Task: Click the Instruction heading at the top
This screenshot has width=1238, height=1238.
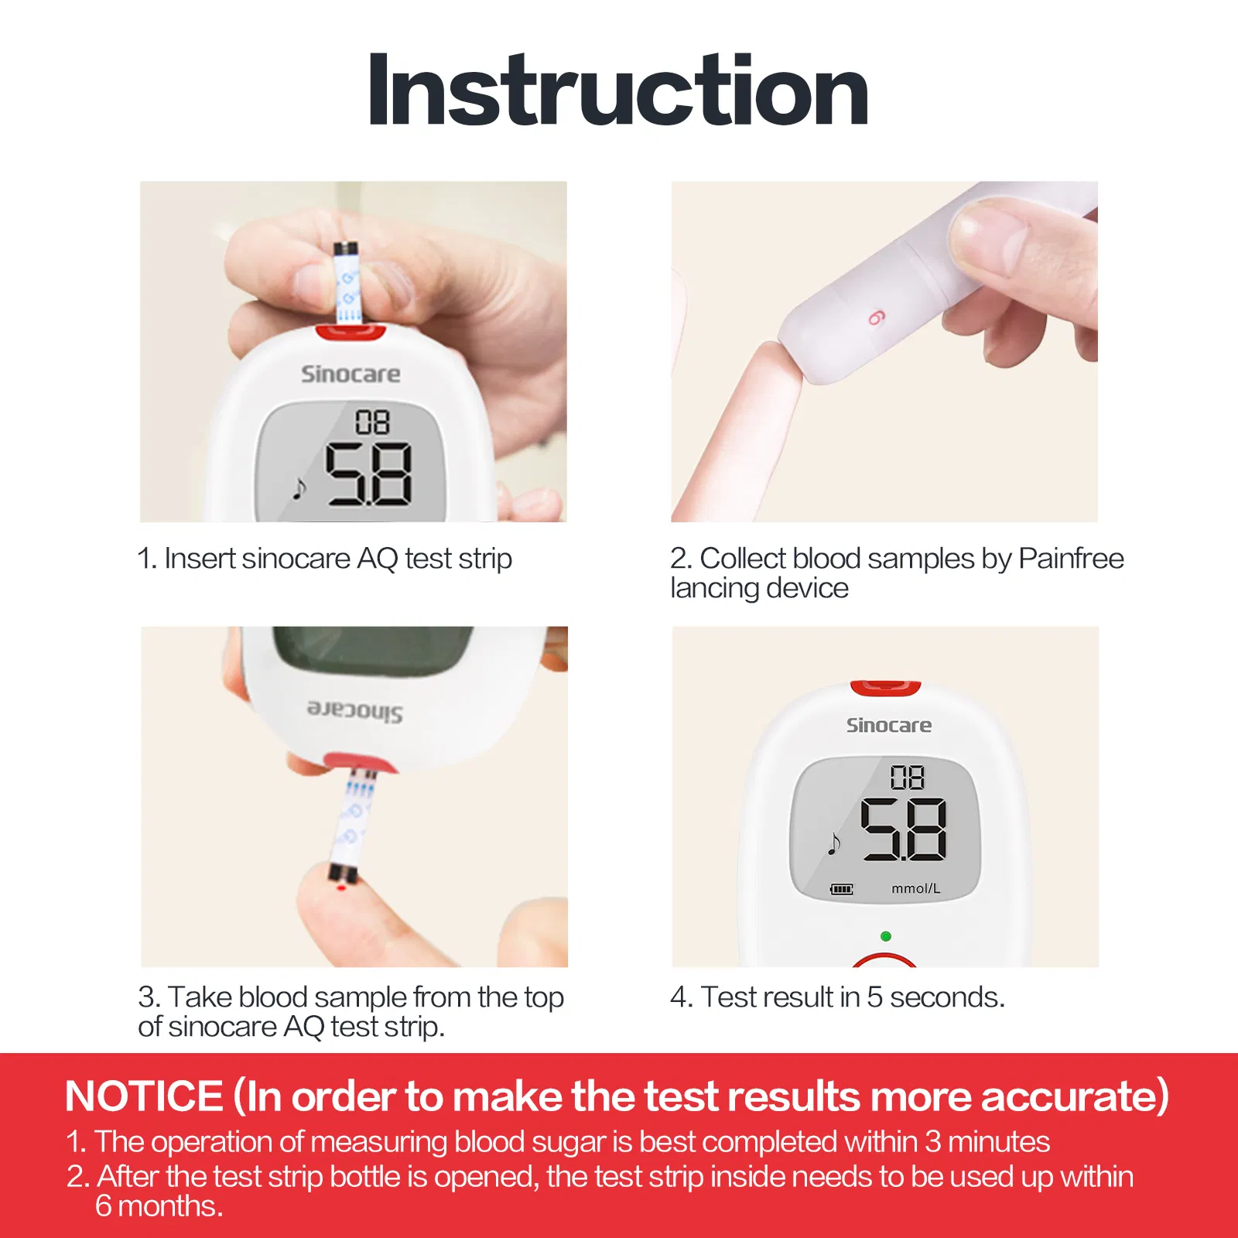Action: [x=617, y=91]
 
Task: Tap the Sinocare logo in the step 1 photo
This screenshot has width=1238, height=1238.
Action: [x=351, y=374]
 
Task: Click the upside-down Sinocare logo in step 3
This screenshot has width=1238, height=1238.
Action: [x=355, y=710]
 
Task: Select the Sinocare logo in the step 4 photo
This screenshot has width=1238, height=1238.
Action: [x=888, y=726]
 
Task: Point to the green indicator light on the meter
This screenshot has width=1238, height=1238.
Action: [x=886, y=936]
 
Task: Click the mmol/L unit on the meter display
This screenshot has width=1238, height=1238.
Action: [x=915, y=889]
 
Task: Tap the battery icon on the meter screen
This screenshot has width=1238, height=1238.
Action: [x=841, y=889]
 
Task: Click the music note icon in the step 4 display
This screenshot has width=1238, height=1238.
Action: [x=833, y=843]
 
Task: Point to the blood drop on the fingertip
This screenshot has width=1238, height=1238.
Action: [x=341, y=888]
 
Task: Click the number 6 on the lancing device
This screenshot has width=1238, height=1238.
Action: [x=875, y=317]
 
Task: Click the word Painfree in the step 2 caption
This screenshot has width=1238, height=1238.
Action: [x=1071, y=558]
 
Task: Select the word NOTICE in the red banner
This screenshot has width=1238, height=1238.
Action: [x=145, y=1096]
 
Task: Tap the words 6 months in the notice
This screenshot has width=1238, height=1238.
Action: [x=159, y=1206]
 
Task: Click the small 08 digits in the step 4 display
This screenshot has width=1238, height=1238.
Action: [x=907, y=777]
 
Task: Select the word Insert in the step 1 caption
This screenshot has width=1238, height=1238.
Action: [x=199, y=559]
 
